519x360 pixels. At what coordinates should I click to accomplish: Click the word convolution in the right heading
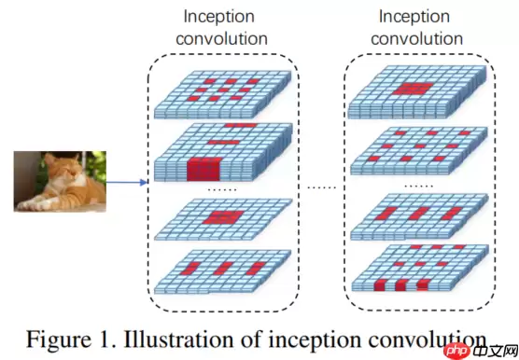(420, 38)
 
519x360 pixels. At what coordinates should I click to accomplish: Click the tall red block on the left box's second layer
(202, 170)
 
